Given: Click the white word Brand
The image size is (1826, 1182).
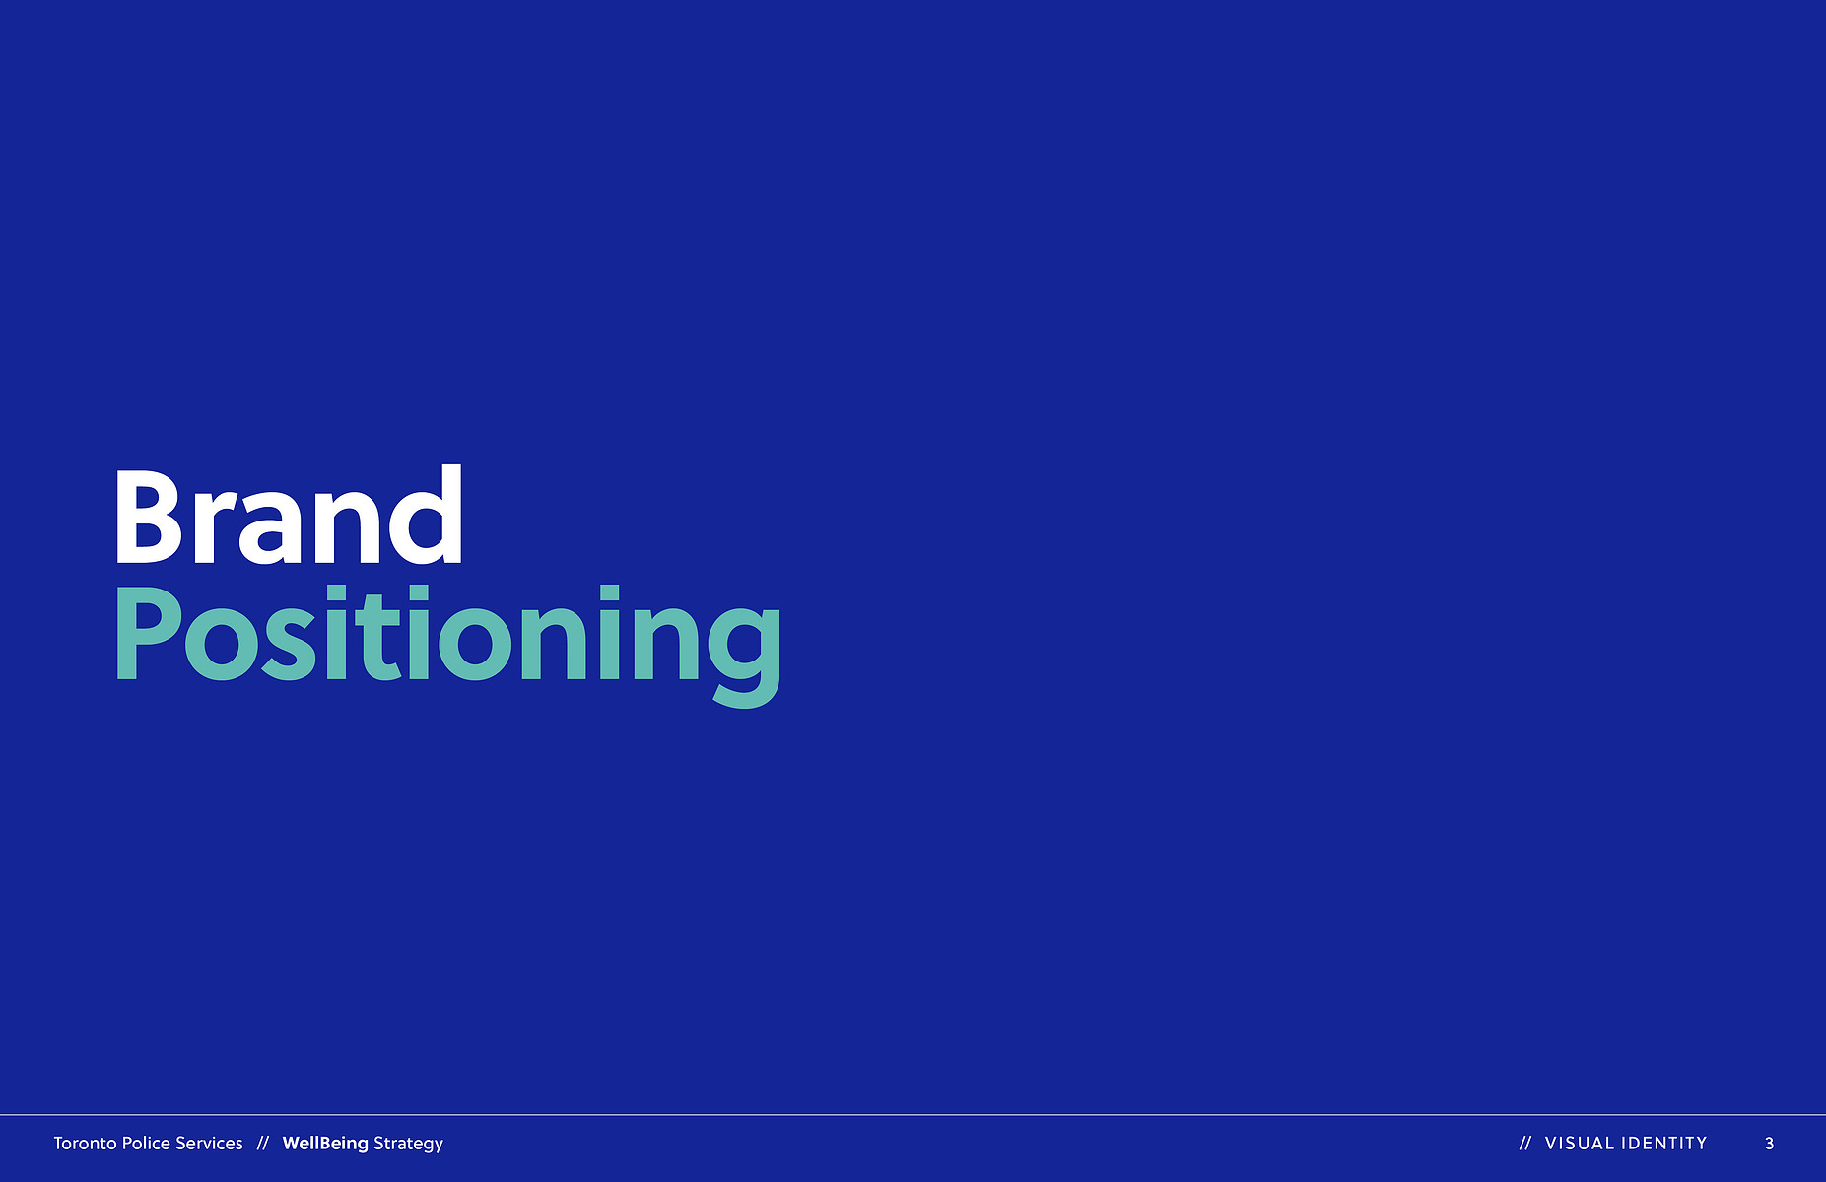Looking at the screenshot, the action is [289, 515].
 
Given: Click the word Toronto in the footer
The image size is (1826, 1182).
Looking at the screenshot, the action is [85, 1144].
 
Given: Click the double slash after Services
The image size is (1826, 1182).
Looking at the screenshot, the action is [262, 1144].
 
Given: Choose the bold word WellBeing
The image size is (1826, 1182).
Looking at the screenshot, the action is [325, 1144].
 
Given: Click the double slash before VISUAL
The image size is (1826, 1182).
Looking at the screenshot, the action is [1525, 1144].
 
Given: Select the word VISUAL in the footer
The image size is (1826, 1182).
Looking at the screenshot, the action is [1580, 1144].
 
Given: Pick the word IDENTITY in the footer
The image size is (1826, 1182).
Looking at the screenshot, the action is [1664, 1144].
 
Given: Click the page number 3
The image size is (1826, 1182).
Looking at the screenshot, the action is [1769, 1144].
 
